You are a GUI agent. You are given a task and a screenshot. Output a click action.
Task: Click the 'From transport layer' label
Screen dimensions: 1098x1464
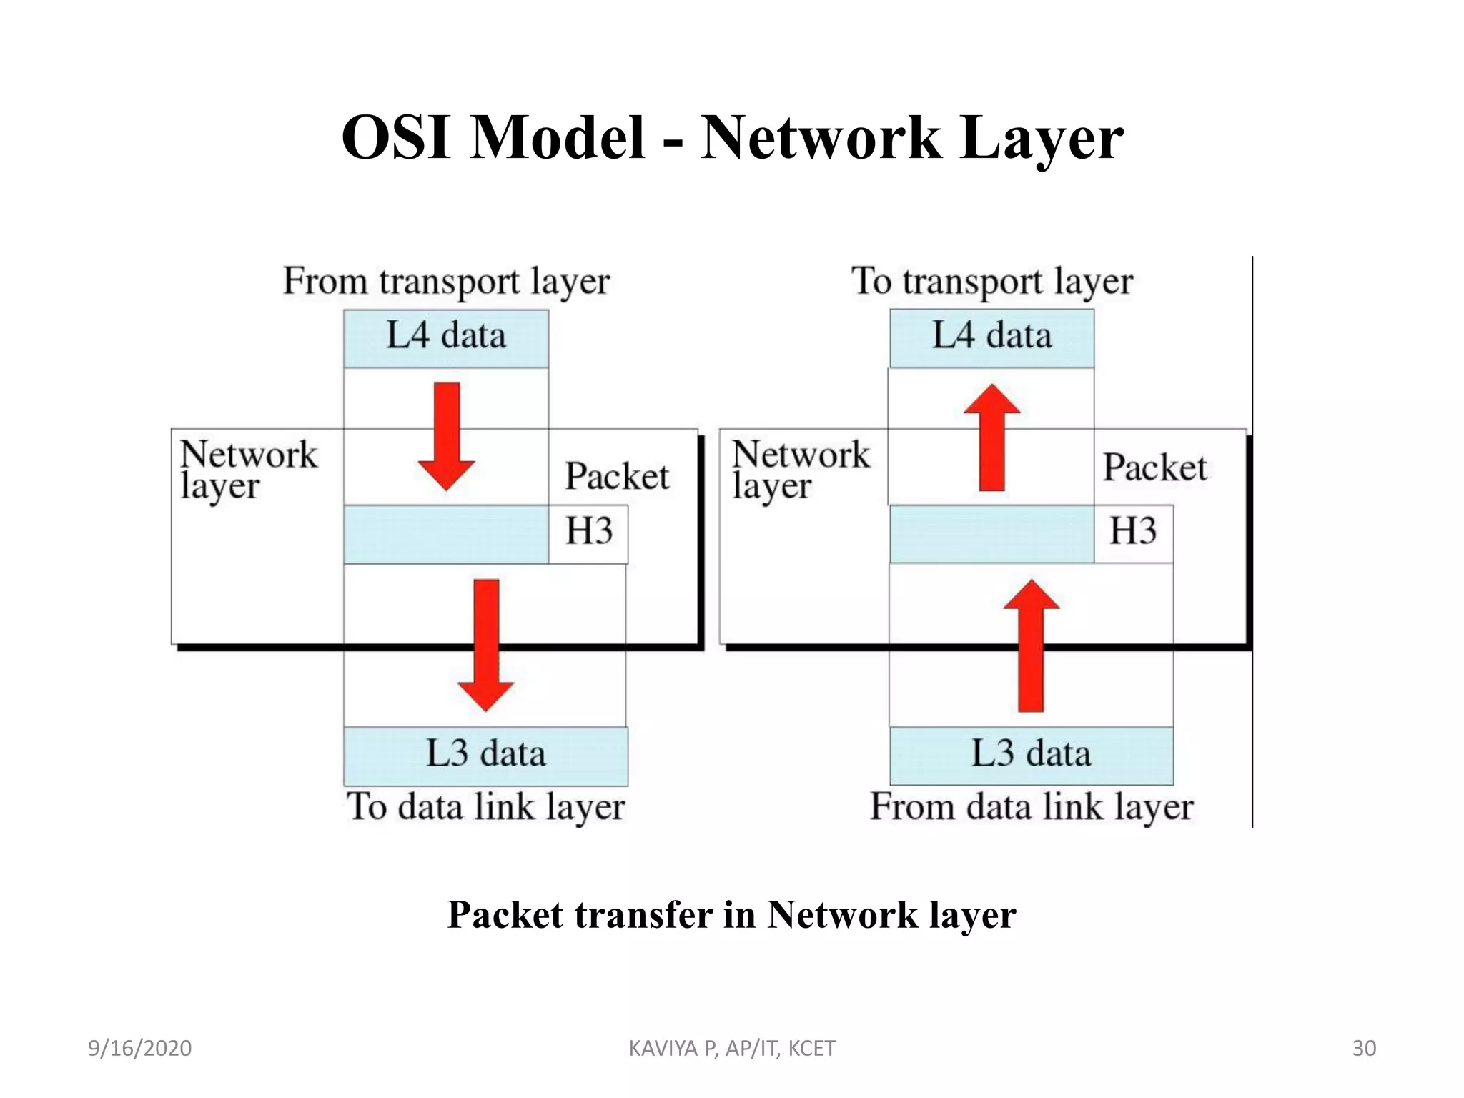pyautogui.click(x=446, y=281)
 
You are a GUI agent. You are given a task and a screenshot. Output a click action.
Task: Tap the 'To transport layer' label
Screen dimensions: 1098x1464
pyautogui.click(x=991, y=281)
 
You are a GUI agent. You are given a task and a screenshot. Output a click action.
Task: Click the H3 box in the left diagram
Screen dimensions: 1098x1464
pyautogui.click(x=588, y=533)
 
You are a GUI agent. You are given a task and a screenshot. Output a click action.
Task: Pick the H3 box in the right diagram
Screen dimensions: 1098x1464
pyautogui.click(x=1133, y=533)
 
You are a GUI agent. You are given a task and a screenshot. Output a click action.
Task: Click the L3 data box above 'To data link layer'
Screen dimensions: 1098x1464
pyautogui.click(x=485, y=756)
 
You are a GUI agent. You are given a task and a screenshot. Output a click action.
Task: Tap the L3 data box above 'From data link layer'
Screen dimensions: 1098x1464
pyautogui.click(x=1031, y=756)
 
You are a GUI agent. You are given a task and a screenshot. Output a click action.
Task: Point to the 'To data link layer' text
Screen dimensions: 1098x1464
pyautogui.click(x=485, y=807)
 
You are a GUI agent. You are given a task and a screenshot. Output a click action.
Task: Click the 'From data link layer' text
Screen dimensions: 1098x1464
pyautogui.click(x=1031, y=807)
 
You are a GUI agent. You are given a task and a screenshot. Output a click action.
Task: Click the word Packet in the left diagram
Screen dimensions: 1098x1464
pyautogui.click(x=616, y=476)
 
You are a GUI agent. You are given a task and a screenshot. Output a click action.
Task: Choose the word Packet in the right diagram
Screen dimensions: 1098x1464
pyautogui.click(x=1154, y=468)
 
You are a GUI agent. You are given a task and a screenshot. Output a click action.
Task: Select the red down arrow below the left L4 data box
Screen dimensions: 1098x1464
pyautogui.click(x=447, y=436)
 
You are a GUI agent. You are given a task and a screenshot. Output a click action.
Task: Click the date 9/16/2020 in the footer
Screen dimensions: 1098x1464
pyautogui.click(x=139, y=1049)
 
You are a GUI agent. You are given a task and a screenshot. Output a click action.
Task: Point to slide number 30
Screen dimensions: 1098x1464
pyautogui.click(x=1364, y=1049)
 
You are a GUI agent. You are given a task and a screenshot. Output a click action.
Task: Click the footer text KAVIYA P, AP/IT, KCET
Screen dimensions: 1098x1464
pyautogui.click(x=731, y=1049)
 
